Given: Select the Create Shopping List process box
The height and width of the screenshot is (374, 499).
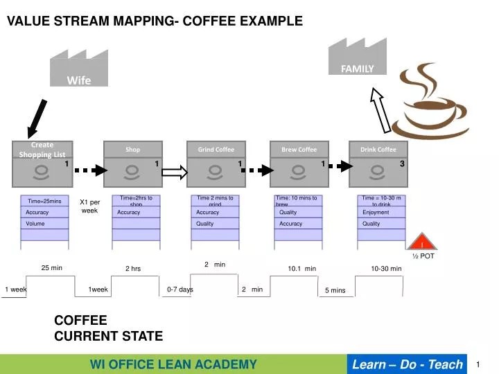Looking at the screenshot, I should point(42,163).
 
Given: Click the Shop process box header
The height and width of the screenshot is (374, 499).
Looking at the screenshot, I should point(133,149).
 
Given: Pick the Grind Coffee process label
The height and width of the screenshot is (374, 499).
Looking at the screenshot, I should point(216,149).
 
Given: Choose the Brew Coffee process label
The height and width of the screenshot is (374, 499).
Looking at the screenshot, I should point(299,149).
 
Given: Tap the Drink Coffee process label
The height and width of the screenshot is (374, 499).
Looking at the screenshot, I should point(378,149).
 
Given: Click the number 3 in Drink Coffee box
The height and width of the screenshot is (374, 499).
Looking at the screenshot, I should point(402,163).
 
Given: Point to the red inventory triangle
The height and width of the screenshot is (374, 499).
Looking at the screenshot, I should point(421,242).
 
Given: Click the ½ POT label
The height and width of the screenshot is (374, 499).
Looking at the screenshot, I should point(423,256).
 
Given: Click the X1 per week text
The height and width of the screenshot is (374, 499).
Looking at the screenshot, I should point(90,206).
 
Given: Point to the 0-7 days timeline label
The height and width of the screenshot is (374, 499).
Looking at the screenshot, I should point(180,290).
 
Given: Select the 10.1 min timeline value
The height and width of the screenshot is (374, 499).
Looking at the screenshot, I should point(301,268).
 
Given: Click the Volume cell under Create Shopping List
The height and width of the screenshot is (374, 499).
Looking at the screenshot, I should point(45,224).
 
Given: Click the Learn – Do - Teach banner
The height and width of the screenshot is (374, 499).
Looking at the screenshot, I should point(408,364).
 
